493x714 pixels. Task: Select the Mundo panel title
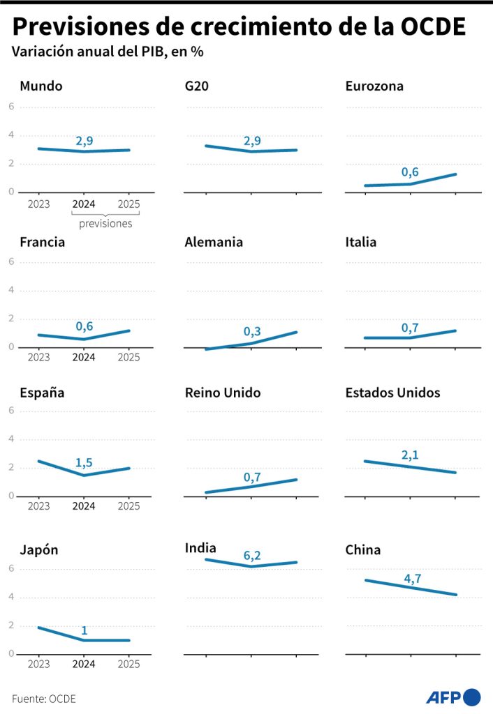(x=41, y=86)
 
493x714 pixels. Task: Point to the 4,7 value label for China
(x=412, y=578)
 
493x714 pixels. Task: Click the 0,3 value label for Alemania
(x=251, y=332)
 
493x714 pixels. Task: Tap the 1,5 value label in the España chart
(x=84, y=462)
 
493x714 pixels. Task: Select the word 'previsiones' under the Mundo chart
(x=105, y=224)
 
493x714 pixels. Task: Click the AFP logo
(x=453, y=697)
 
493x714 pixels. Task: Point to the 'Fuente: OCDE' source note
(x=43, y=698)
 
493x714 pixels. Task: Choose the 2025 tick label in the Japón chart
(x=129, y=664)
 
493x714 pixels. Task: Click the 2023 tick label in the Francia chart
(x=38, y=357)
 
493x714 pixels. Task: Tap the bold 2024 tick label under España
(x=84, y=506)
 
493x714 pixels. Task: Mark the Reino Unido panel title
(x=222, y=393)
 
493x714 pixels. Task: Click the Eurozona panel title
(x=374, y=86)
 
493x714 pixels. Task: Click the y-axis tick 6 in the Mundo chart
(x=11, y=107)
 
